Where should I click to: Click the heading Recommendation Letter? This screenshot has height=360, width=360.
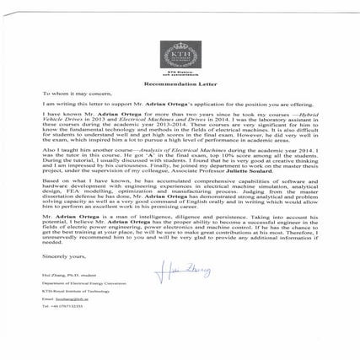180,86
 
